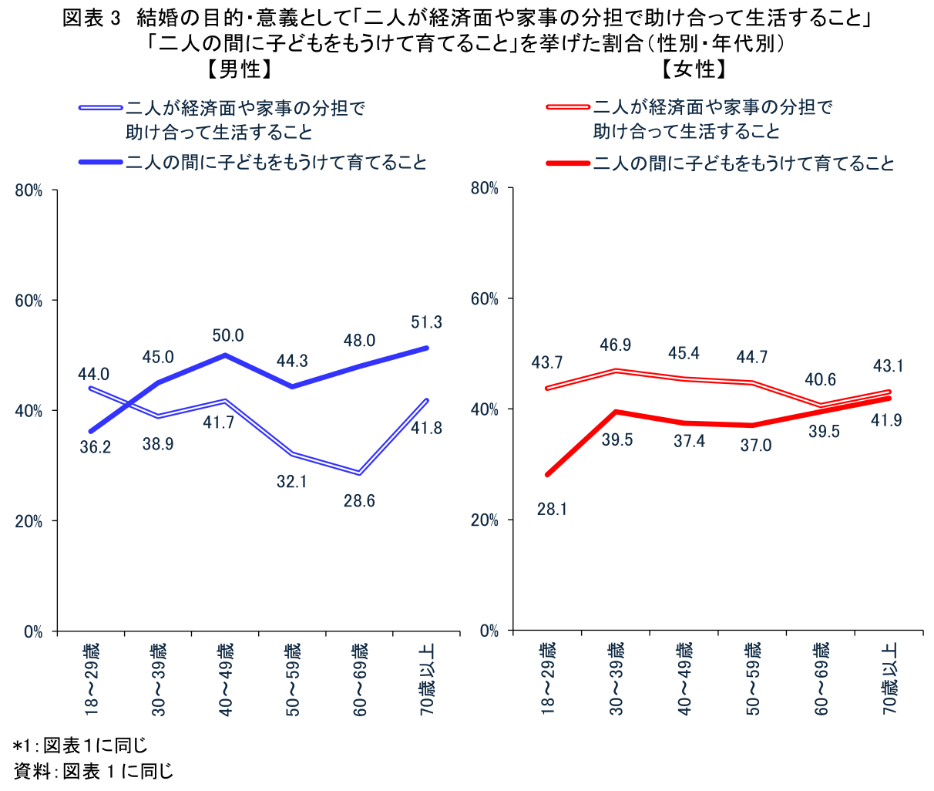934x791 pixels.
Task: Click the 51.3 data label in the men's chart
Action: pyautogui.click(x=426, y=322)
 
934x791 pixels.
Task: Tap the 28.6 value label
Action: pyautogui.click(x=358, y=501)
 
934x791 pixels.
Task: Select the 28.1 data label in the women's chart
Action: pyautogui.click(x=552, y=509)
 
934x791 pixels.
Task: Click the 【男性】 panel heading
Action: pyautogui.click(x=240, y=70)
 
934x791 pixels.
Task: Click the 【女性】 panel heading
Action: pyautogui.click(x=694, y=70)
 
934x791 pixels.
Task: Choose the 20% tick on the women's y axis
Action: pyautogui.click(x=485, y=520)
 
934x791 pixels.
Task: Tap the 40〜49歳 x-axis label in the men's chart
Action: pyautogui.click(x=226, y=679)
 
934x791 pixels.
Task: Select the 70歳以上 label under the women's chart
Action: pyautogui.click(x=890, y=679)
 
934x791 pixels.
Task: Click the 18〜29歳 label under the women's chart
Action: pyautogui.click(x=548, y=679)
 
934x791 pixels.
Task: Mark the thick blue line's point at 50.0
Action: pyautogui.click(x=225, y=355)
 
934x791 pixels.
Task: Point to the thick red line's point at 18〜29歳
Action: pyautogui.click(x=548, y=475)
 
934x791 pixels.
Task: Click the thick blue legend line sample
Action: pyautogui.click(x=101, y=163)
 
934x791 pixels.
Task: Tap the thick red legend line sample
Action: pyautogui.click(x=568, y=163)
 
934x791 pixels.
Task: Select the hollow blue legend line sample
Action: pyautogui.click(x=101, y=108)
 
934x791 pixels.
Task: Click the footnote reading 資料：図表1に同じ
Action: pyautogui.click(x=94, y=771)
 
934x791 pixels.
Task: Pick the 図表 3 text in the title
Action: pyautogui.click(x=92, y=19)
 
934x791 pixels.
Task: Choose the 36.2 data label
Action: pyautogui.click(x=96, y=447)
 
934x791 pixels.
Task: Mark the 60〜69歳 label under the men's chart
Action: pyautogui.click(x=360, y=679)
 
